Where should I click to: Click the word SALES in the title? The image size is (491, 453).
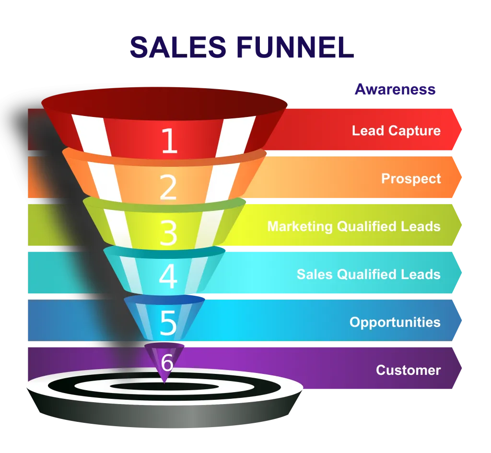tap(178, 47)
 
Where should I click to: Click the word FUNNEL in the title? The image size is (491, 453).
tap(295, 47)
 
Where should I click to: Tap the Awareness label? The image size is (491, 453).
tap(395, 89)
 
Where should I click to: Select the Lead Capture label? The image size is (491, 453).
tap(396, 130)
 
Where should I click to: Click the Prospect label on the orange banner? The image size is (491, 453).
tap(411, 179)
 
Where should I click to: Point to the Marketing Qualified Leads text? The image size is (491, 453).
tap(354, 226)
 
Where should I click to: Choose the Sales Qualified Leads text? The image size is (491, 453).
tap(369, 274)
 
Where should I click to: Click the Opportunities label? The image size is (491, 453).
tap(395, 322)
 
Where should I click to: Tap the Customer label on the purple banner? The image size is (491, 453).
tap(409, 370)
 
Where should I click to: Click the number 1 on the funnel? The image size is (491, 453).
tap(169, 140)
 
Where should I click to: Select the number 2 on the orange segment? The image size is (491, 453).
tap(168, 187)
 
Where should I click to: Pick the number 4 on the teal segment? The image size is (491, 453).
tap(168, 276)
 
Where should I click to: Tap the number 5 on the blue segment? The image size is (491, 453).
tap(168, 323)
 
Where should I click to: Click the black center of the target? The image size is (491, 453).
tap(164, 386)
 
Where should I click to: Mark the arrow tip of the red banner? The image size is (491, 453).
tap(461, 129)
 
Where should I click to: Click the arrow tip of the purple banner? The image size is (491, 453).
tap(461, 368)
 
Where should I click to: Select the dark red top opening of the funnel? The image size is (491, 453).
tap(164, 104)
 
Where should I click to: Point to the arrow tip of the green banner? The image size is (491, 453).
tap(461, 225)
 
